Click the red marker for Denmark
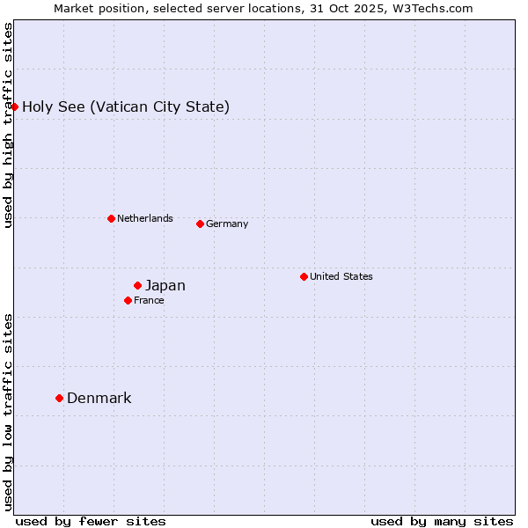59,398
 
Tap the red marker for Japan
137,285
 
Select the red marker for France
128,300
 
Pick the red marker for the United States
304,276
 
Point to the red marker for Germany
200,224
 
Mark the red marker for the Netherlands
111,218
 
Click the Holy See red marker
14,106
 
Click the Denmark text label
99,398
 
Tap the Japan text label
165,285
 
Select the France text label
149,300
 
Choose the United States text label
341,276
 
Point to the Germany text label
227,224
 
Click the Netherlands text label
144,218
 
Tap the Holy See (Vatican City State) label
126,106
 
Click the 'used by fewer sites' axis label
91,521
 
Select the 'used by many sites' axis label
442,521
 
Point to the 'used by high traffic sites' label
8,125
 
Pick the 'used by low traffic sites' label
8,411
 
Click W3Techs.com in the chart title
433,8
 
